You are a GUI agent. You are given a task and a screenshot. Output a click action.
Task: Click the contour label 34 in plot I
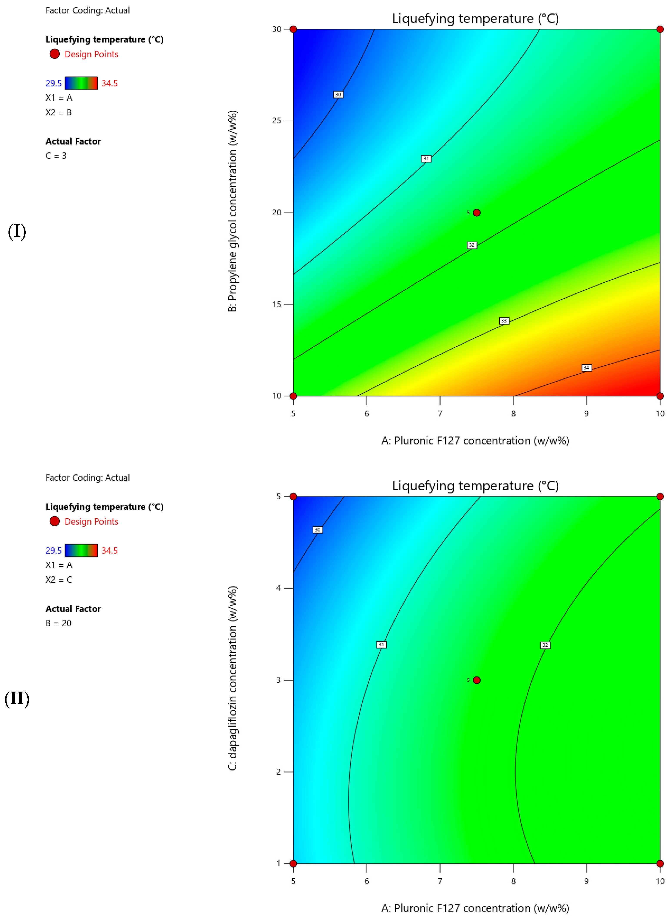pos(586,368)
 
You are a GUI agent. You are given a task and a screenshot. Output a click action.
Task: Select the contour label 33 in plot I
pos(504,320)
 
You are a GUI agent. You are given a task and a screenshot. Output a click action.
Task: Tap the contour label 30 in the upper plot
pos(338,95)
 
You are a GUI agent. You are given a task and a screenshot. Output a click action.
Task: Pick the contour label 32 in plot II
pos(545,645)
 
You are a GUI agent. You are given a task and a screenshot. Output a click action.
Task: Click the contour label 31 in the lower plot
pos(381,645)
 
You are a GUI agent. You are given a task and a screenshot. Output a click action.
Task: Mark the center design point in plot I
pos(477,213)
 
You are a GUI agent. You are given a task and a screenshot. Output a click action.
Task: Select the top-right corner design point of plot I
pos(660,29)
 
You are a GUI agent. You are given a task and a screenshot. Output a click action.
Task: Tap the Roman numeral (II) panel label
pos(17,699)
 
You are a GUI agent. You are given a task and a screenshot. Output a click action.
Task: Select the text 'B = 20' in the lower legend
pos(58,623)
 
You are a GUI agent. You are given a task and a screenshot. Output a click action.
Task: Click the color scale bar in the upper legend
pos(81,83)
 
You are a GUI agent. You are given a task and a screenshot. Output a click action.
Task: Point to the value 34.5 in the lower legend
pos(109,551)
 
